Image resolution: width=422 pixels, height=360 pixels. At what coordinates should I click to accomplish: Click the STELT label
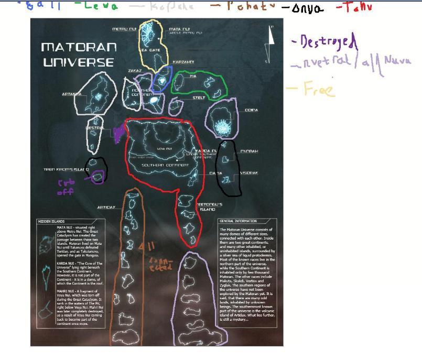tap(198, 97)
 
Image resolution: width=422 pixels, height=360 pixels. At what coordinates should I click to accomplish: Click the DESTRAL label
tap(94, 127)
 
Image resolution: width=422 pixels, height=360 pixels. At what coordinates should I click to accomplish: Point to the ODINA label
tap(251, 111)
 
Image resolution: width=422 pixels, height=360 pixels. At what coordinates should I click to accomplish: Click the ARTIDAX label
tap(106, 208)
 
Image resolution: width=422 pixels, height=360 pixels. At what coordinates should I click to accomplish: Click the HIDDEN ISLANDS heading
tap(51, 222)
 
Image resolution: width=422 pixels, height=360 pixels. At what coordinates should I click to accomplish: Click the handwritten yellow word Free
tap(319, 89)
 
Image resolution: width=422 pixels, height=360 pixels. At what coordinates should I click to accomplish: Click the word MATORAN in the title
tap(79, 47)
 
